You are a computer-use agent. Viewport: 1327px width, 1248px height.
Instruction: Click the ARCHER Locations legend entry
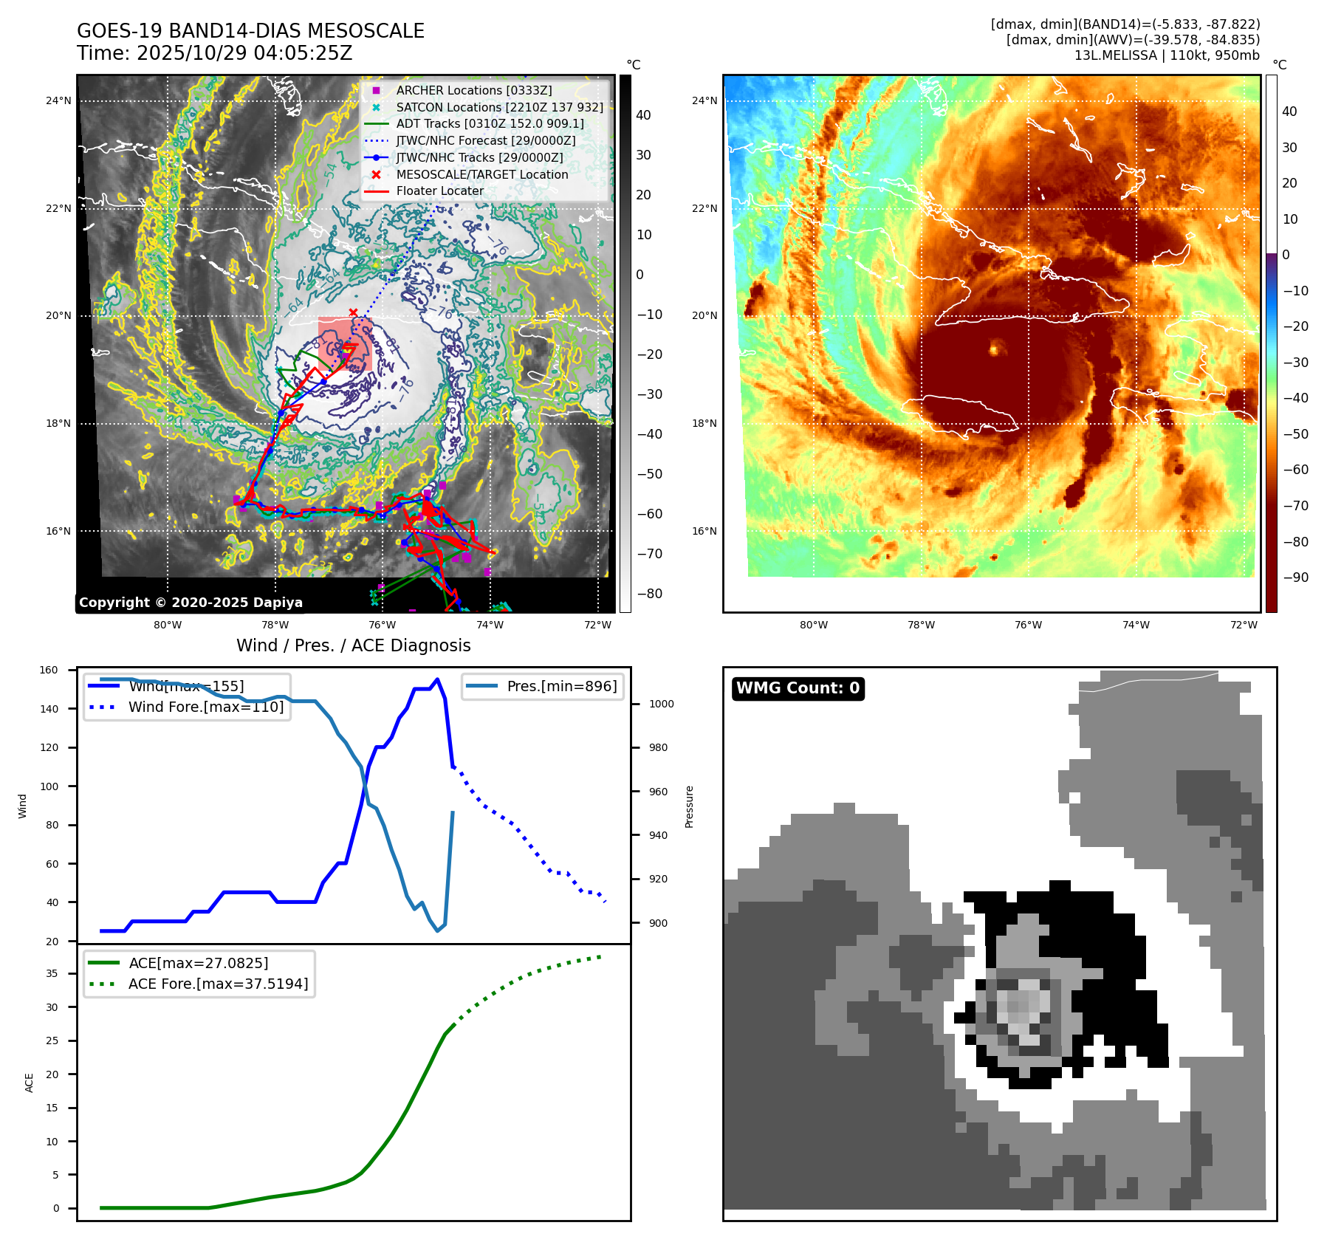(473, 90)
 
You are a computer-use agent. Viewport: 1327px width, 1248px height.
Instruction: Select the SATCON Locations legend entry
(499, 107)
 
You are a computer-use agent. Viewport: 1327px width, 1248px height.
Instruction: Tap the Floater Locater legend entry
(439, 191)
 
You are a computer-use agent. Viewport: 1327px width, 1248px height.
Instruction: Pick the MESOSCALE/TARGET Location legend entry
(481, 174)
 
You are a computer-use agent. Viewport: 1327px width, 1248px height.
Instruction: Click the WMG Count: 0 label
(798, 688)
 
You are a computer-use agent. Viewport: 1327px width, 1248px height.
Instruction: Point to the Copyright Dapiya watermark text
(191, 603)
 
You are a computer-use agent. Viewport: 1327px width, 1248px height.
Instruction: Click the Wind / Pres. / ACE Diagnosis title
(353, 645)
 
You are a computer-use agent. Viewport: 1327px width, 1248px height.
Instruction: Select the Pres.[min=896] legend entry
(561, 686)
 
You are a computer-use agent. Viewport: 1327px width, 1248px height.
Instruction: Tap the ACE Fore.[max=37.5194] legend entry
(218, 984)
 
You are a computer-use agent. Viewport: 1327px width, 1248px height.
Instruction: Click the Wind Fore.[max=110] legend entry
(205, 707)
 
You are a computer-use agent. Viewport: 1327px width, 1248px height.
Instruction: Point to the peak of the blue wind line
(437, 679)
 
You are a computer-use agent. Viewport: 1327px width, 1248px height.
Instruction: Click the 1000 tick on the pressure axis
(661, 704)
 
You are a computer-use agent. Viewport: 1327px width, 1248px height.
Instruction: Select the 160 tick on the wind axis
(49, 670)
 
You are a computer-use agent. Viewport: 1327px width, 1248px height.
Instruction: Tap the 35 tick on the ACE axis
(52, 973)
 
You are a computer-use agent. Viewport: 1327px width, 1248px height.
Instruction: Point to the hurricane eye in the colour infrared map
(994, 348)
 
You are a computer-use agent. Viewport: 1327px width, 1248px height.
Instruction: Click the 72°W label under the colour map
(1244, 625)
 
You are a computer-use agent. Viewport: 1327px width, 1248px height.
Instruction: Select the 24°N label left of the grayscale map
(58, 100)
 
